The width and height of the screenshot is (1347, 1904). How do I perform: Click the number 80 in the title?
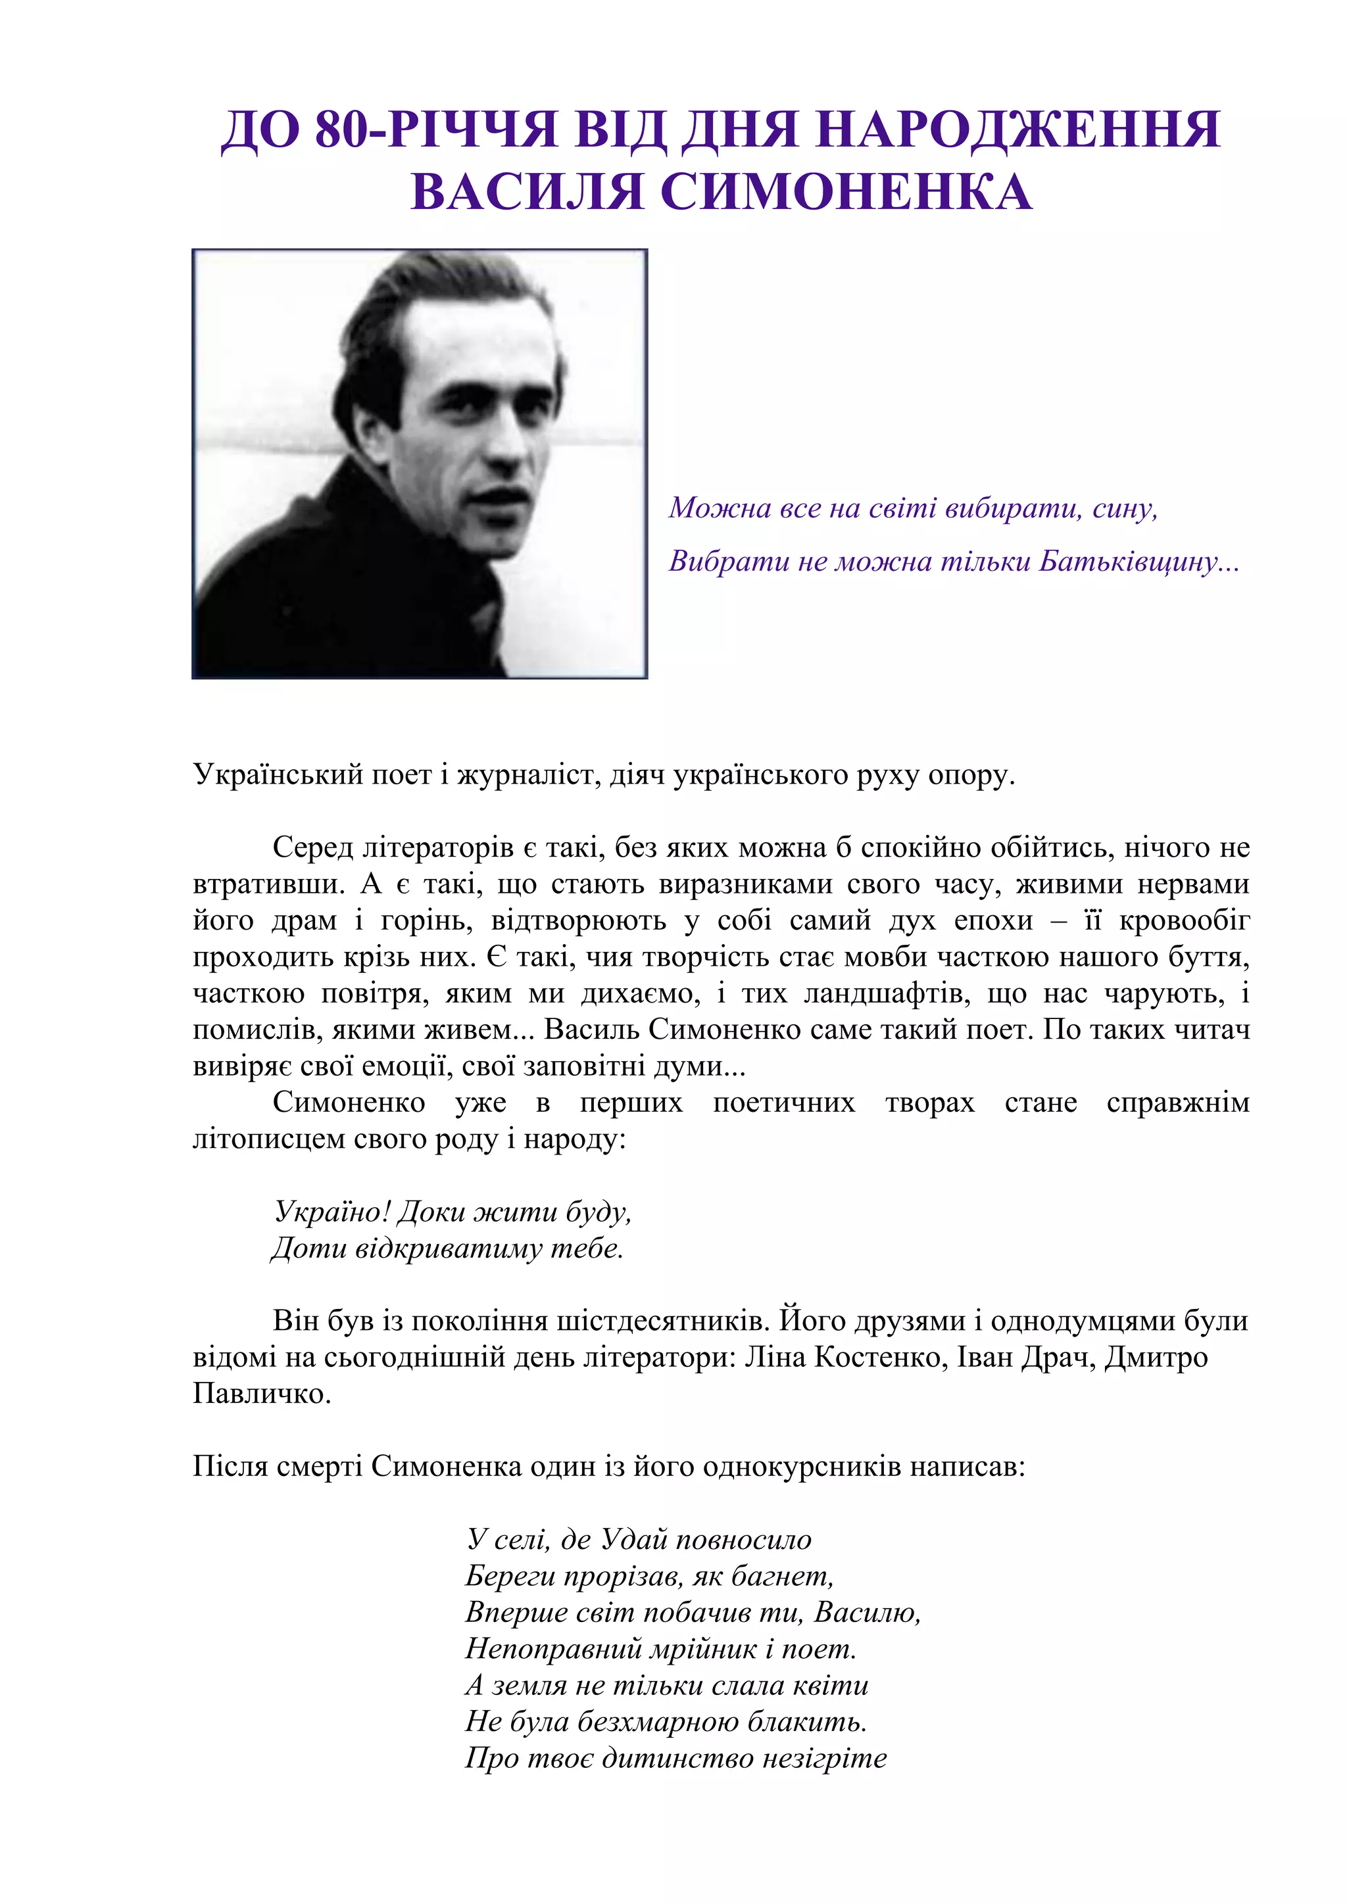coord(342,130)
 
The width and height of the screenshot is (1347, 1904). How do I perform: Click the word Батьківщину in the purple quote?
coord(1138,562)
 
